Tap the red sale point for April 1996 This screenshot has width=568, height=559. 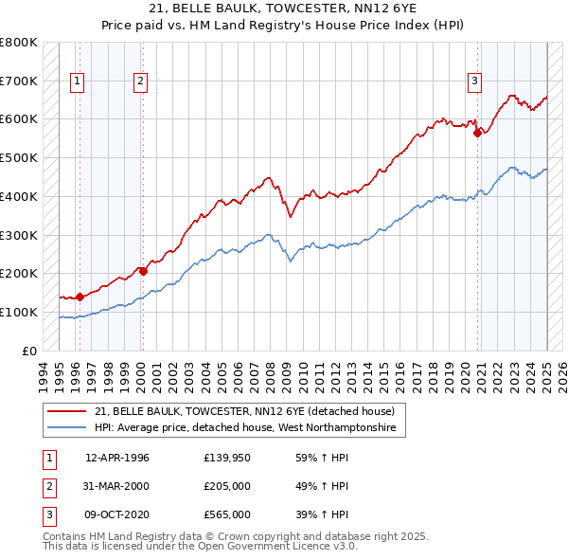point(80,297)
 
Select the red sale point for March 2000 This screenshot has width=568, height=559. point(143,271)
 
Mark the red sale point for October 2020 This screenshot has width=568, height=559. point(478,133)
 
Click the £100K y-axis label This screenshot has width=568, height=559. point(19,312)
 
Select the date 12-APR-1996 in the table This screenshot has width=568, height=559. point(117,458)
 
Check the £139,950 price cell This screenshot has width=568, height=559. point(227,458)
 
